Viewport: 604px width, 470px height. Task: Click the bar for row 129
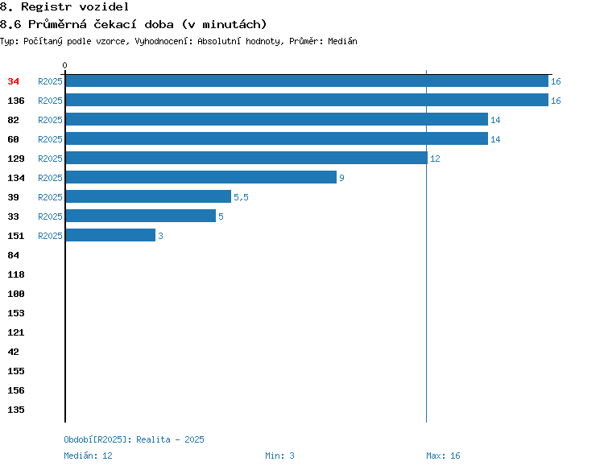pyautogui.click(x=246, y=158)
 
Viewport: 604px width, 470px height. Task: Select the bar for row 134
pyautogui.click(x=201, y=177)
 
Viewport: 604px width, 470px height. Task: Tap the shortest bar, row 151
pyautogui.click(x=110, y=235)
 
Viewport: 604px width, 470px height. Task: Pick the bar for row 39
pyautogui.click(x=148, y=196)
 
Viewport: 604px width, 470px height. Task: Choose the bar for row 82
pyautogui.click(x=277, y=119)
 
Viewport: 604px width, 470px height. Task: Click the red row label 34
pyautogui.click(x=13, y=81)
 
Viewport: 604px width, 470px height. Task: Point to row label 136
pyautogui.click(x=16, y=101)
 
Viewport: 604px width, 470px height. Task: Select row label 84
pyautogui.click(x=13, y=255)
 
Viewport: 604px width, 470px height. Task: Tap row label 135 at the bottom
pyautogui.click(x=16, y=410)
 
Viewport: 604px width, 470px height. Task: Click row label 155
pyautogui.click(x=16, y=371)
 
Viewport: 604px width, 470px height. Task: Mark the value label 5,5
pyautogui.click(x=241, y=197)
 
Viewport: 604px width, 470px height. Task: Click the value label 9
pyautogui.click(x=341, y=178)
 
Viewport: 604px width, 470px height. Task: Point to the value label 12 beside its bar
pyautogui.click(x=435, y=159)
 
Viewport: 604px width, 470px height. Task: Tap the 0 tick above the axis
pyautogui.click(x=64, y=65)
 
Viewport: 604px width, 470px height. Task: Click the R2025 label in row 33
pyautogui.click(x=50, y=216)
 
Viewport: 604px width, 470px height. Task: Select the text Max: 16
pyautogui.click(x=443, y=456)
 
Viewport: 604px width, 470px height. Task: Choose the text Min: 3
pyautogui.click(x=279, y=456)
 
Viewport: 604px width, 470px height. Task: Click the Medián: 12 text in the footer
pyautogui.click(x=89, y=456)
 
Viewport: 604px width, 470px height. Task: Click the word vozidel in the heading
pyautogui.click(x=104, y=6)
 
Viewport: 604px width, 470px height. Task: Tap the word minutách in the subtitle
pyautogui.click(x=232, y=24)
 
